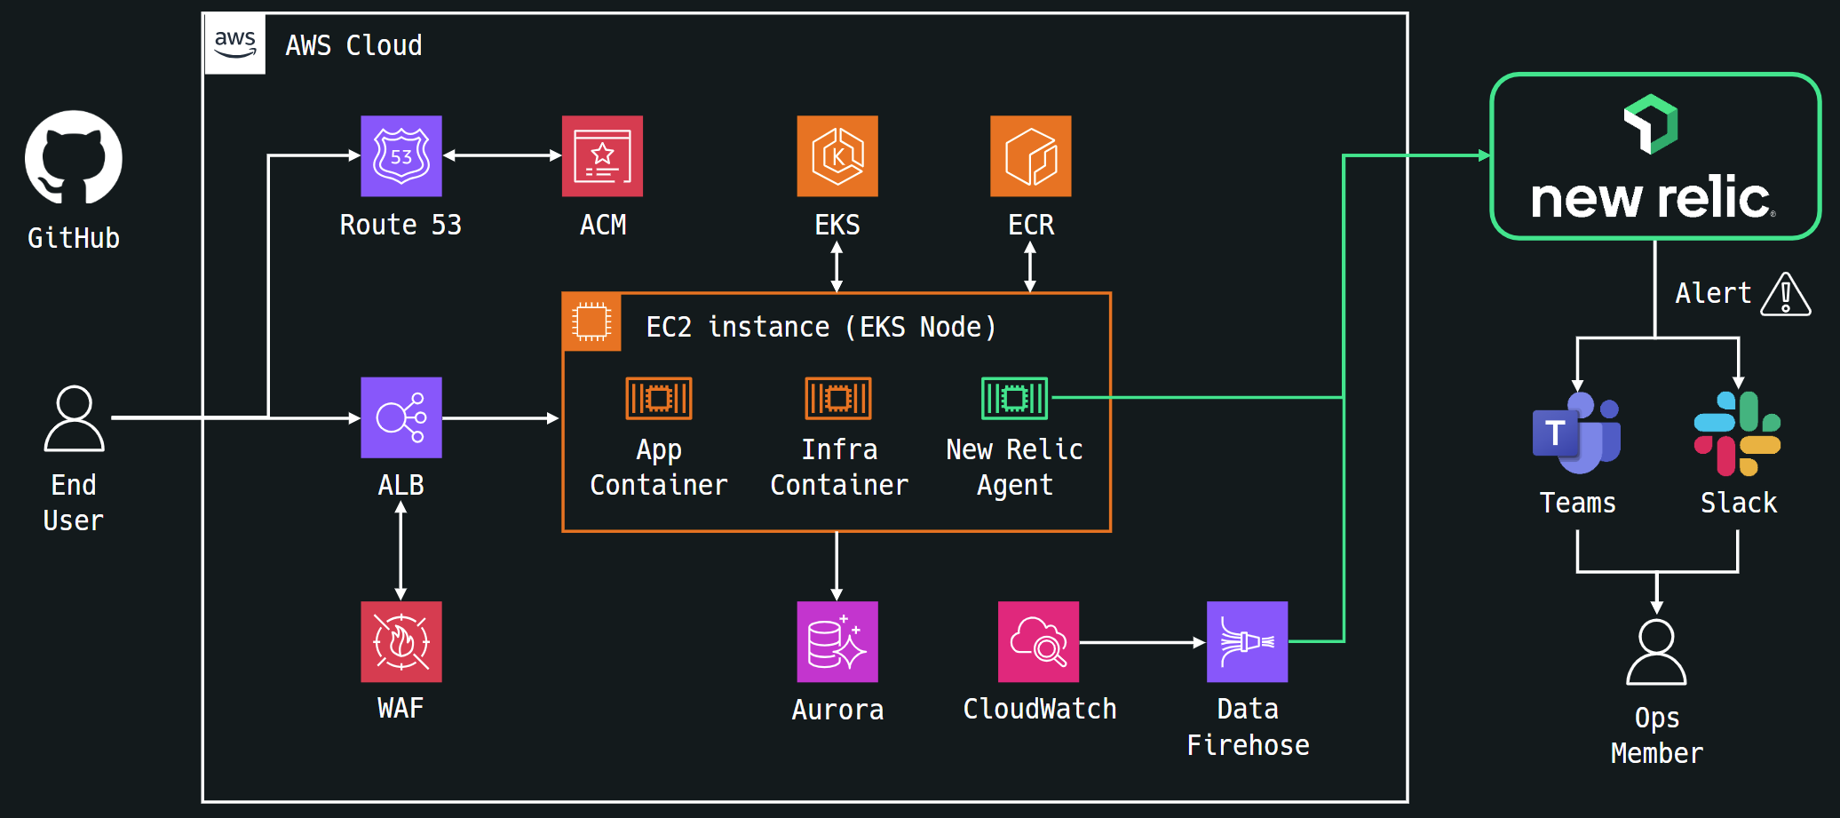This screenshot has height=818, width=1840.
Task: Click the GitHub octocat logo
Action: coord(74,158)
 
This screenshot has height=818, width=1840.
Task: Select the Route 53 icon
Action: coord(401,156)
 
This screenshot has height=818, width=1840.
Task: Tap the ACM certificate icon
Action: coord(602,156)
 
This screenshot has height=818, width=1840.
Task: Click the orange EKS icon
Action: coord(837,156)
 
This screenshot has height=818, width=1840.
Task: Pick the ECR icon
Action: coord(1030,156)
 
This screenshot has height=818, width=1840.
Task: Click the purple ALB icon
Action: coord(401,417)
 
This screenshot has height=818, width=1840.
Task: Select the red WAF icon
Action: coord(401,641)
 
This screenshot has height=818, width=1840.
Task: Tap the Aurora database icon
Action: coord(837,641)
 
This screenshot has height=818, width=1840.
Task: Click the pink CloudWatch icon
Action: coord(1038,641)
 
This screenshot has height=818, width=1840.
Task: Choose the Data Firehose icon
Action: coord(1247,641)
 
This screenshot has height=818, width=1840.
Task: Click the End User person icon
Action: coord(75,418)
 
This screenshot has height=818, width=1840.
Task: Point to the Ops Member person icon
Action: coord(1656,653)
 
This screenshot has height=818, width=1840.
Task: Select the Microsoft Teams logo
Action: coord(1577,433)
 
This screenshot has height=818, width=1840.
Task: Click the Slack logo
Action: coord(1737,433)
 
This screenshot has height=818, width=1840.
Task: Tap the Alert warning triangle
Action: coord(1785,295)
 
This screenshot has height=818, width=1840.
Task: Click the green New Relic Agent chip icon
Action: coord(1014,398)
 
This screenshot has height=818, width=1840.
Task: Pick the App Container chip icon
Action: coord(659,398)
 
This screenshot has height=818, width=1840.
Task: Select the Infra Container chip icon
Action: coord(838,398)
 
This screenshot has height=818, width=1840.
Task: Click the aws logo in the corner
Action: coord(235,44)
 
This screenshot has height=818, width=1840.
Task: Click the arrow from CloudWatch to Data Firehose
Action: coord(1142,641)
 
